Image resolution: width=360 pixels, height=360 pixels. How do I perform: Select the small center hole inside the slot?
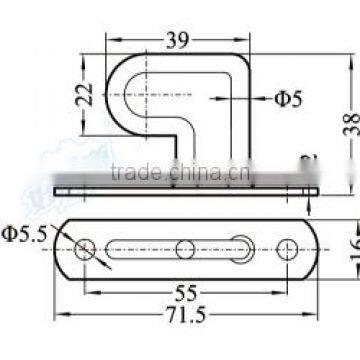[x=186, y=247]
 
